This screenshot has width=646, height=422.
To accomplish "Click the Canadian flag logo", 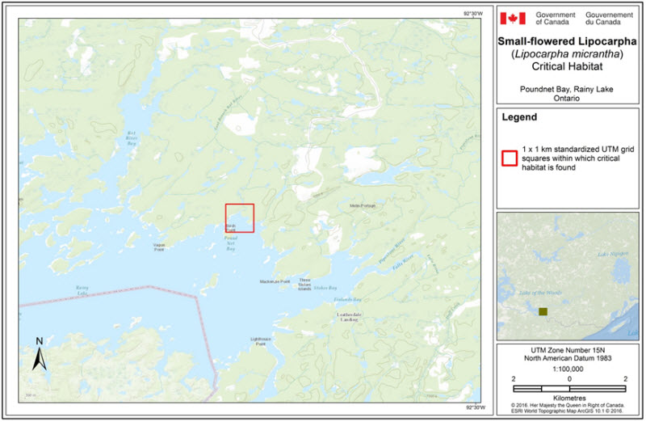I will pos(513,19).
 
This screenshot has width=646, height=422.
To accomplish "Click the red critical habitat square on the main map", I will pos(239,218).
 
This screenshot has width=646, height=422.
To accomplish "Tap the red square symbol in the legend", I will pos(509,157).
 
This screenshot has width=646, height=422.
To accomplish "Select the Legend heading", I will pos(520,117).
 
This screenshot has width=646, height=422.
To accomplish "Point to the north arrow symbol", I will pos(39,352).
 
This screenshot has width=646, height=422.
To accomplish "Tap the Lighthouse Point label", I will pos(260,342).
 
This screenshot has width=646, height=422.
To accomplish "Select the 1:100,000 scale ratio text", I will pos(569,369).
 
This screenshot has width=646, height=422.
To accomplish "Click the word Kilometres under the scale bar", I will pos(569,397).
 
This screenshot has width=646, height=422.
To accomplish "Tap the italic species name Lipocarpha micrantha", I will pos(569,53).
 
